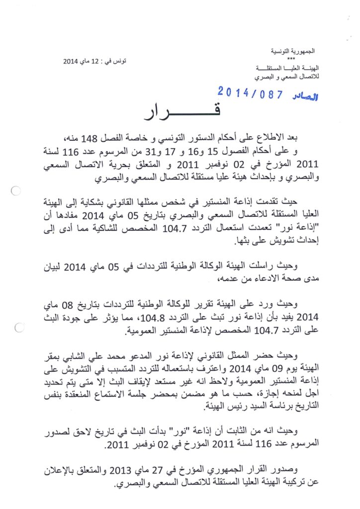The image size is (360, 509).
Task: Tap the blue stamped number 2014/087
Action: pos(250,92)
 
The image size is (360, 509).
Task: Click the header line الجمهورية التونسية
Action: pos(297,52)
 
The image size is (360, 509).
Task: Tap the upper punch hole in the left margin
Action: pos(15,190)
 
